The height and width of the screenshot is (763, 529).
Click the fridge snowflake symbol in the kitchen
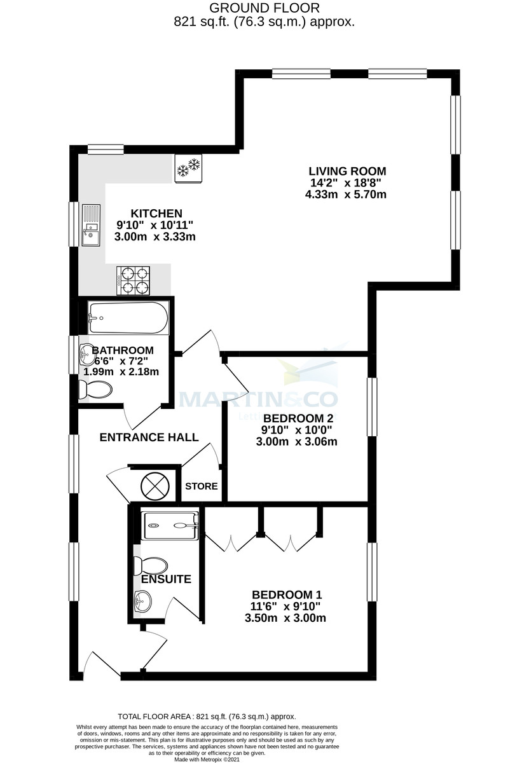click(188, 168)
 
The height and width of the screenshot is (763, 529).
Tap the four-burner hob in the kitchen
click(133, 280)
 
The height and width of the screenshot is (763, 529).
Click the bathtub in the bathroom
click(128, 317)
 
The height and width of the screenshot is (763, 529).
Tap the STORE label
click(201, 486)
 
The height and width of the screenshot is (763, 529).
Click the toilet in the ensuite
click(151, 565)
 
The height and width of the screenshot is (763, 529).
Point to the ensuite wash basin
click(143, 599)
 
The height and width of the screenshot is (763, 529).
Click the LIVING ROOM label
click(347, 171)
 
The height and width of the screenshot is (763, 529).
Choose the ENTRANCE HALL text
click(149, 437)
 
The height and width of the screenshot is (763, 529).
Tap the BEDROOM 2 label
click(298, 418)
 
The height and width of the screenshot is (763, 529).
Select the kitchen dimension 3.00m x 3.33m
click(155, 237)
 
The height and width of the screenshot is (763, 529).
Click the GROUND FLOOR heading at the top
click(264, 8)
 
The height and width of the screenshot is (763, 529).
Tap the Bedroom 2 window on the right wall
click(371, 407)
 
